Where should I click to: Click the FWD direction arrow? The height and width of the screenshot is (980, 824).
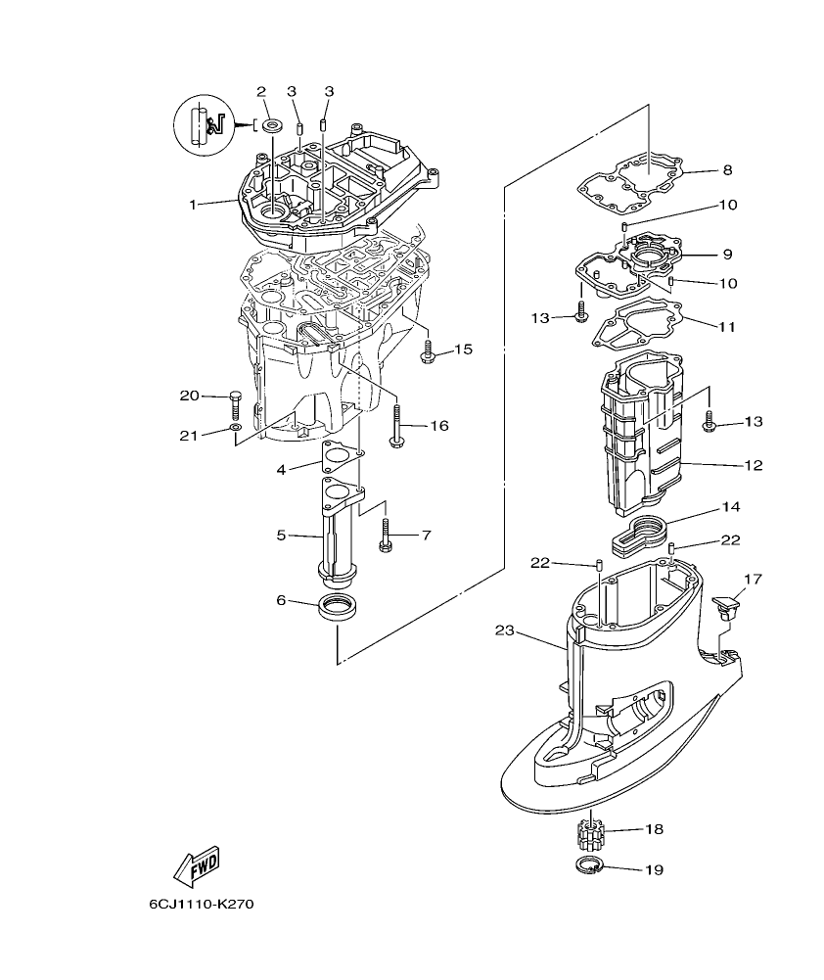197,864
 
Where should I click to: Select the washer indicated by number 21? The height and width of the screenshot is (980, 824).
236,428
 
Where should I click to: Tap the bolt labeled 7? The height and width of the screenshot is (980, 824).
387,534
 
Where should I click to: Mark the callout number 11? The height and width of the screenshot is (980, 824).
727,326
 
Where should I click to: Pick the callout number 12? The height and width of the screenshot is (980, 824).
753,465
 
